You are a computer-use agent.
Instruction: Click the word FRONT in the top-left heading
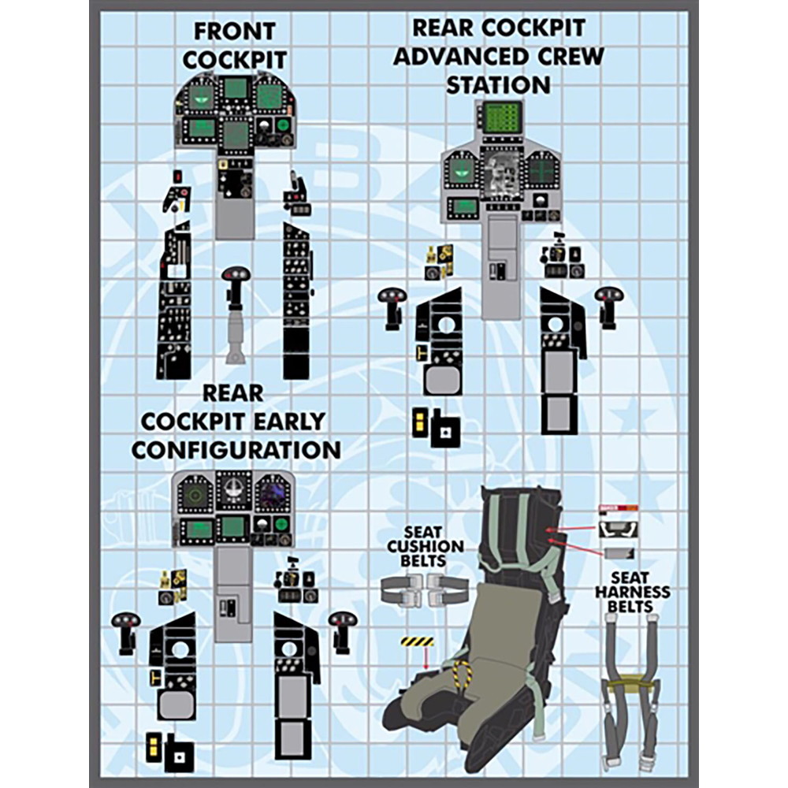(x=235, y=32)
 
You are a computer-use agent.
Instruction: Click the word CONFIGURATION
(x=236, y=450)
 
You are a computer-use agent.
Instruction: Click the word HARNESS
(x=632, y=591)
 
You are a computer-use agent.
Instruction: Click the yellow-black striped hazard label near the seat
(x=418, y=641)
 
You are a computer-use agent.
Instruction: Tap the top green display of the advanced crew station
(x=502, y=117)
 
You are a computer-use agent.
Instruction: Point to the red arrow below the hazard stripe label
(x=426, y=658)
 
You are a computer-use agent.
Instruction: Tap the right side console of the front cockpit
(x=297, y=299)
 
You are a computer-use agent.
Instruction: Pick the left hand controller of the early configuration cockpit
(x=125, y=631)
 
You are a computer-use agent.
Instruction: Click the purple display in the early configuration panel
(x=273, y=495)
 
